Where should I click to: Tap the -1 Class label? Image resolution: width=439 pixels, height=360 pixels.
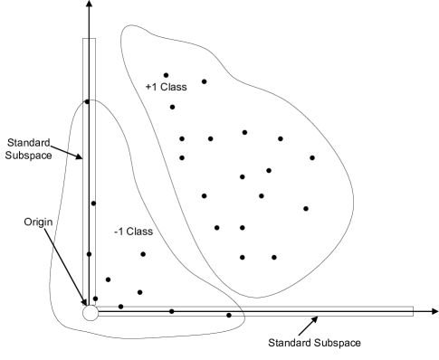pos(134,232)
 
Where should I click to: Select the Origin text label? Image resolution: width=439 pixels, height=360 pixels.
pos(38,221)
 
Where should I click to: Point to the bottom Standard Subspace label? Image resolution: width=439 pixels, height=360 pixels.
pos(314,343)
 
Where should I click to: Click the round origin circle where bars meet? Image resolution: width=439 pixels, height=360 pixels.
pos(90,312)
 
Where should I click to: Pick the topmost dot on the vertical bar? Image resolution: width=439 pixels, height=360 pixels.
pos(88,101)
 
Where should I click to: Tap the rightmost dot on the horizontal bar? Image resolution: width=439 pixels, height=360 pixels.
pos(229,315)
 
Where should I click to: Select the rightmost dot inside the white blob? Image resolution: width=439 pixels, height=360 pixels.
pos(312,158)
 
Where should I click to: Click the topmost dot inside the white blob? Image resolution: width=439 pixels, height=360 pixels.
pos(166,75)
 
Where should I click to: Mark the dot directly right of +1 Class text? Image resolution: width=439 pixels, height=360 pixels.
pos(205,82)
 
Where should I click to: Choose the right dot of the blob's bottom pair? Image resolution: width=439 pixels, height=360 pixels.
pos(274,258)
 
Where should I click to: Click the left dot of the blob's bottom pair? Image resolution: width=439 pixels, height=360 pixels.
pos(243,258)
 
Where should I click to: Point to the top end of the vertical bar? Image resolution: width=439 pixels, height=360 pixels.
pos(90,41)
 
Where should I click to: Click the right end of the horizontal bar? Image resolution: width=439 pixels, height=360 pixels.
pos(412,311)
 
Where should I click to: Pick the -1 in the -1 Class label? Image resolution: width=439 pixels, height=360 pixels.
pos(119,232)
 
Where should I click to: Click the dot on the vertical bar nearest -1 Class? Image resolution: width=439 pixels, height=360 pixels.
pos(93,204)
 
